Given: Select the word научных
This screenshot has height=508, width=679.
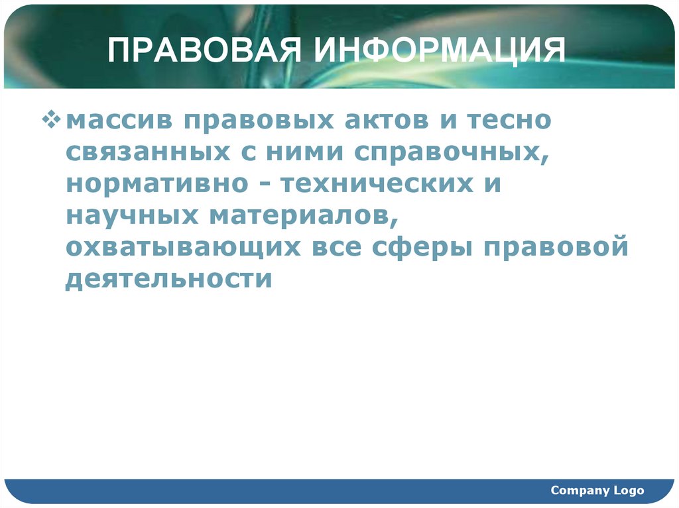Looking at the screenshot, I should (x=132, y=215).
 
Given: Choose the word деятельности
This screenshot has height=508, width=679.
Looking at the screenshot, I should (x=169, y=278).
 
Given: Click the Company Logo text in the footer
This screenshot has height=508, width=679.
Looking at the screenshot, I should (x=597, y=490).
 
